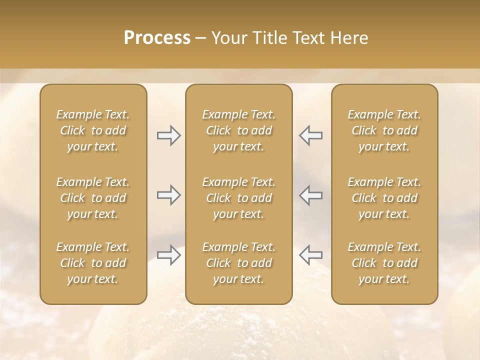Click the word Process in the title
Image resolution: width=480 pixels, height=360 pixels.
(157, 38)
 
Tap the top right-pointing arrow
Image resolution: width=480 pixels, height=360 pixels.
(169, 135)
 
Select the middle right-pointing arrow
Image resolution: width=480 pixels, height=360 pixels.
(169, 195)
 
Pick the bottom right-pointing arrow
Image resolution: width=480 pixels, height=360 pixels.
(169, 255)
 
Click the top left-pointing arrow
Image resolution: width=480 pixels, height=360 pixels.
(310, 135)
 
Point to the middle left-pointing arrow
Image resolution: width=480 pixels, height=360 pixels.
(310, 195)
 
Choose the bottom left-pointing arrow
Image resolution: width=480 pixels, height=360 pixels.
(310, 255)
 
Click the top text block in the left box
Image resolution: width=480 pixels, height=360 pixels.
(93, 130)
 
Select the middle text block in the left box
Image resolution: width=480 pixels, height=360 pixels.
(93, 198)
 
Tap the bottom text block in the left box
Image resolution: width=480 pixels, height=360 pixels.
(93, 263)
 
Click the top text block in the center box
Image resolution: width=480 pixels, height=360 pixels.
(239, 130)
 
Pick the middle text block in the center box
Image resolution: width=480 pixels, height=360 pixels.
(239, 198)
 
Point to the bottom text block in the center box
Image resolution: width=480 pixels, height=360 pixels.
(239, 263)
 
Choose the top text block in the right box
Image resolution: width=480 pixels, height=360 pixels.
(384, 130)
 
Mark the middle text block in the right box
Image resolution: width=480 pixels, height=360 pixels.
(384, 198)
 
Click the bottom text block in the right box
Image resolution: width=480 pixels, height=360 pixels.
(384, 263)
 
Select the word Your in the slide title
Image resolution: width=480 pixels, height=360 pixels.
(229, 38)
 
